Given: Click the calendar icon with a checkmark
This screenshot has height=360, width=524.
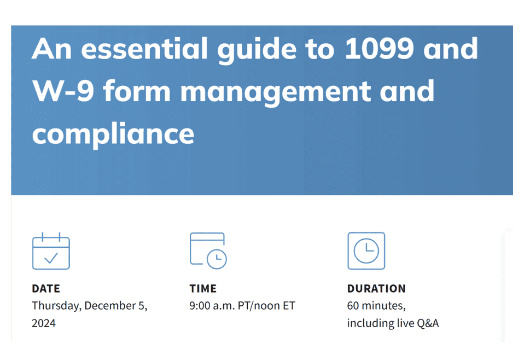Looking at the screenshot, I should [51, 251].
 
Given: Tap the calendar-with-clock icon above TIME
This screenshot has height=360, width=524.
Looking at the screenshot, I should [208, 251].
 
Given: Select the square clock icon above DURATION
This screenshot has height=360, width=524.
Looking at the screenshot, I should [366, 251].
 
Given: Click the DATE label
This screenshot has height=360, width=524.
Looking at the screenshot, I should [46, 288].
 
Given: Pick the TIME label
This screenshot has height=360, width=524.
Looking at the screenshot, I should [203, 288].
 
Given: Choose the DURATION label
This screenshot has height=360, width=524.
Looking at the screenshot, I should [376, 288].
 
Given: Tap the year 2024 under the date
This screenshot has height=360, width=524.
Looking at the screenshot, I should [44, 323].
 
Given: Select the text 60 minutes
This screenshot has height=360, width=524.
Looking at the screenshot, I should [376, 306].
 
